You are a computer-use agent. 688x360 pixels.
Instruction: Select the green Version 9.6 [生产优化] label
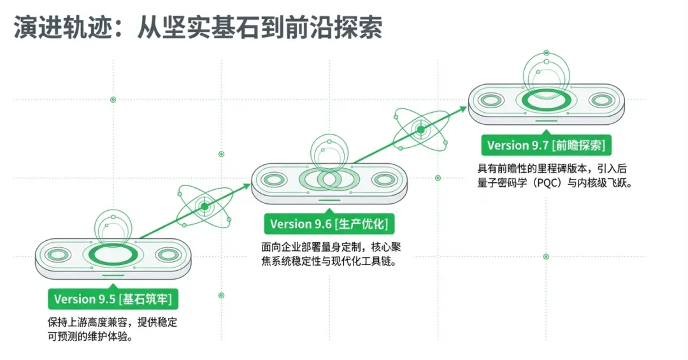pyautogui.click(x=329, y=224)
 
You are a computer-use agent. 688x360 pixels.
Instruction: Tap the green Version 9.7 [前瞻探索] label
pyautogui.click(x=546, y=146)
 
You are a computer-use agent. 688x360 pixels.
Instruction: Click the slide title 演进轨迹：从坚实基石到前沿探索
pyautogui.click(x=198, y=29)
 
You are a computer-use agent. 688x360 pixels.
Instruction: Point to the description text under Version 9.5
pyautogui.click(x=112, y=329)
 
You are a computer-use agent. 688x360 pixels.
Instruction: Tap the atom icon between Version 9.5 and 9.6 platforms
pyautogui.click(x=204, y=206)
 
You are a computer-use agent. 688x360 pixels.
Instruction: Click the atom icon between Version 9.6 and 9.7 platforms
pyautogui.click(x=420, y=130)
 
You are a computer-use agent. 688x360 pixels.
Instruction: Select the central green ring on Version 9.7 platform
pyautogui.click(x=546, y=101)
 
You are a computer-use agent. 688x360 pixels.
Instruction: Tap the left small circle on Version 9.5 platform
pyautogui.click(x=57, y=256)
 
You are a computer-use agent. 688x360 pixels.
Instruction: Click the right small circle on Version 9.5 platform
pyautogui.click(x=168, y=256)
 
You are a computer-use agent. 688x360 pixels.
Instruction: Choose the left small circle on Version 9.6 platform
pyautogui.click(x=274, y=180)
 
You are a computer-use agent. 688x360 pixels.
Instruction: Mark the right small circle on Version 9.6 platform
pyautogui.click(x=384, y=180)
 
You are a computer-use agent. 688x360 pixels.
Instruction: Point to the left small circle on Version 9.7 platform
pyautogui.click(x=491, y=101)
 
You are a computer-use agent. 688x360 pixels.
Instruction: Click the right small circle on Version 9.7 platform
pyautogui.click(x=601, y=101)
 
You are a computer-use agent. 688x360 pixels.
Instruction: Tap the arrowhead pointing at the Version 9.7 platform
pyautogui.click(x=463, y=109)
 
